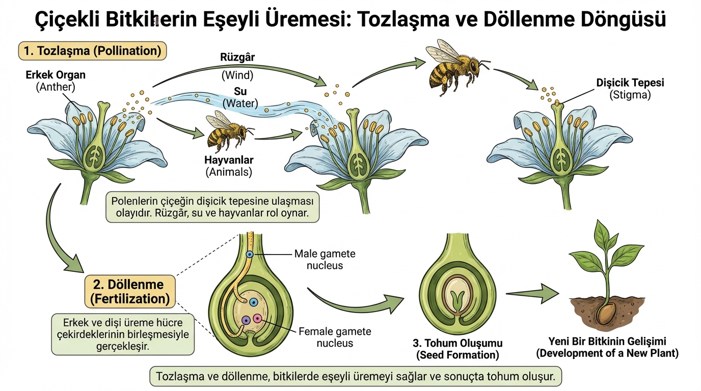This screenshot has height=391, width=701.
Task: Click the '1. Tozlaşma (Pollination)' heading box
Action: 92,51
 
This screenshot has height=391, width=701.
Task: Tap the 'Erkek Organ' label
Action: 56,75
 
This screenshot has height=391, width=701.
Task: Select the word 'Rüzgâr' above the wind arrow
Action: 237,57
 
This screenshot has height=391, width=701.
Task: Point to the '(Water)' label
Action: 240,104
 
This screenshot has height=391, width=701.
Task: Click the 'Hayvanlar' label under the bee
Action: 229,159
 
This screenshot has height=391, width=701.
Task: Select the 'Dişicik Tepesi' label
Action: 630,82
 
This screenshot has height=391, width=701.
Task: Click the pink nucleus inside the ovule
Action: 257,319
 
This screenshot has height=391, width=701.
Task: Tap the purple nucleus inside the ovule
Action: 246,320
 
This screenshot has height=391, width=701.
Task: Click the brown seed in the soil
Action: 606,313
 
